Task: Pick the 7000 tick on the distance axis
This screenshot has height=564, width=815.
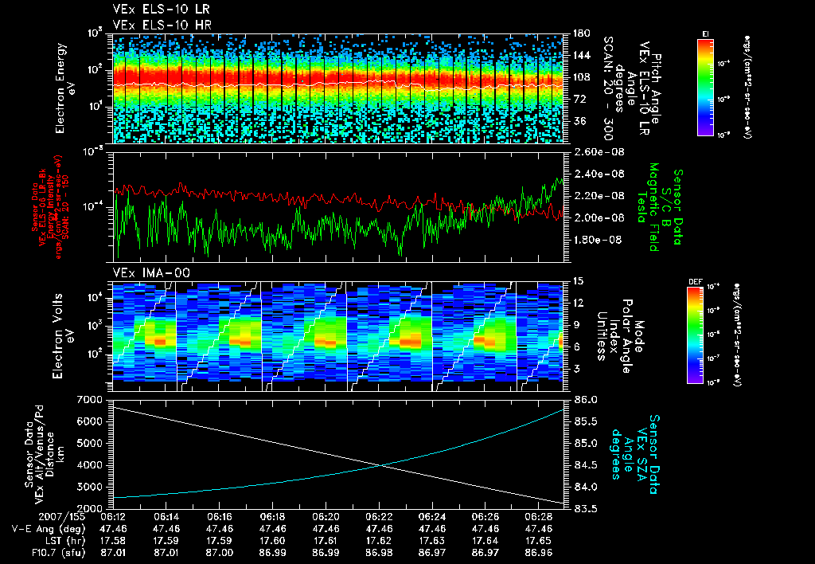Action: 94,398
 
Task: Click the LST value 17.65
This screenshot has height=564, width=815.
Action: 538,539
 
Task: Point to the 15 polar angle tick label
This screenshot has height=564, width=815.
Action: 578,280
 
